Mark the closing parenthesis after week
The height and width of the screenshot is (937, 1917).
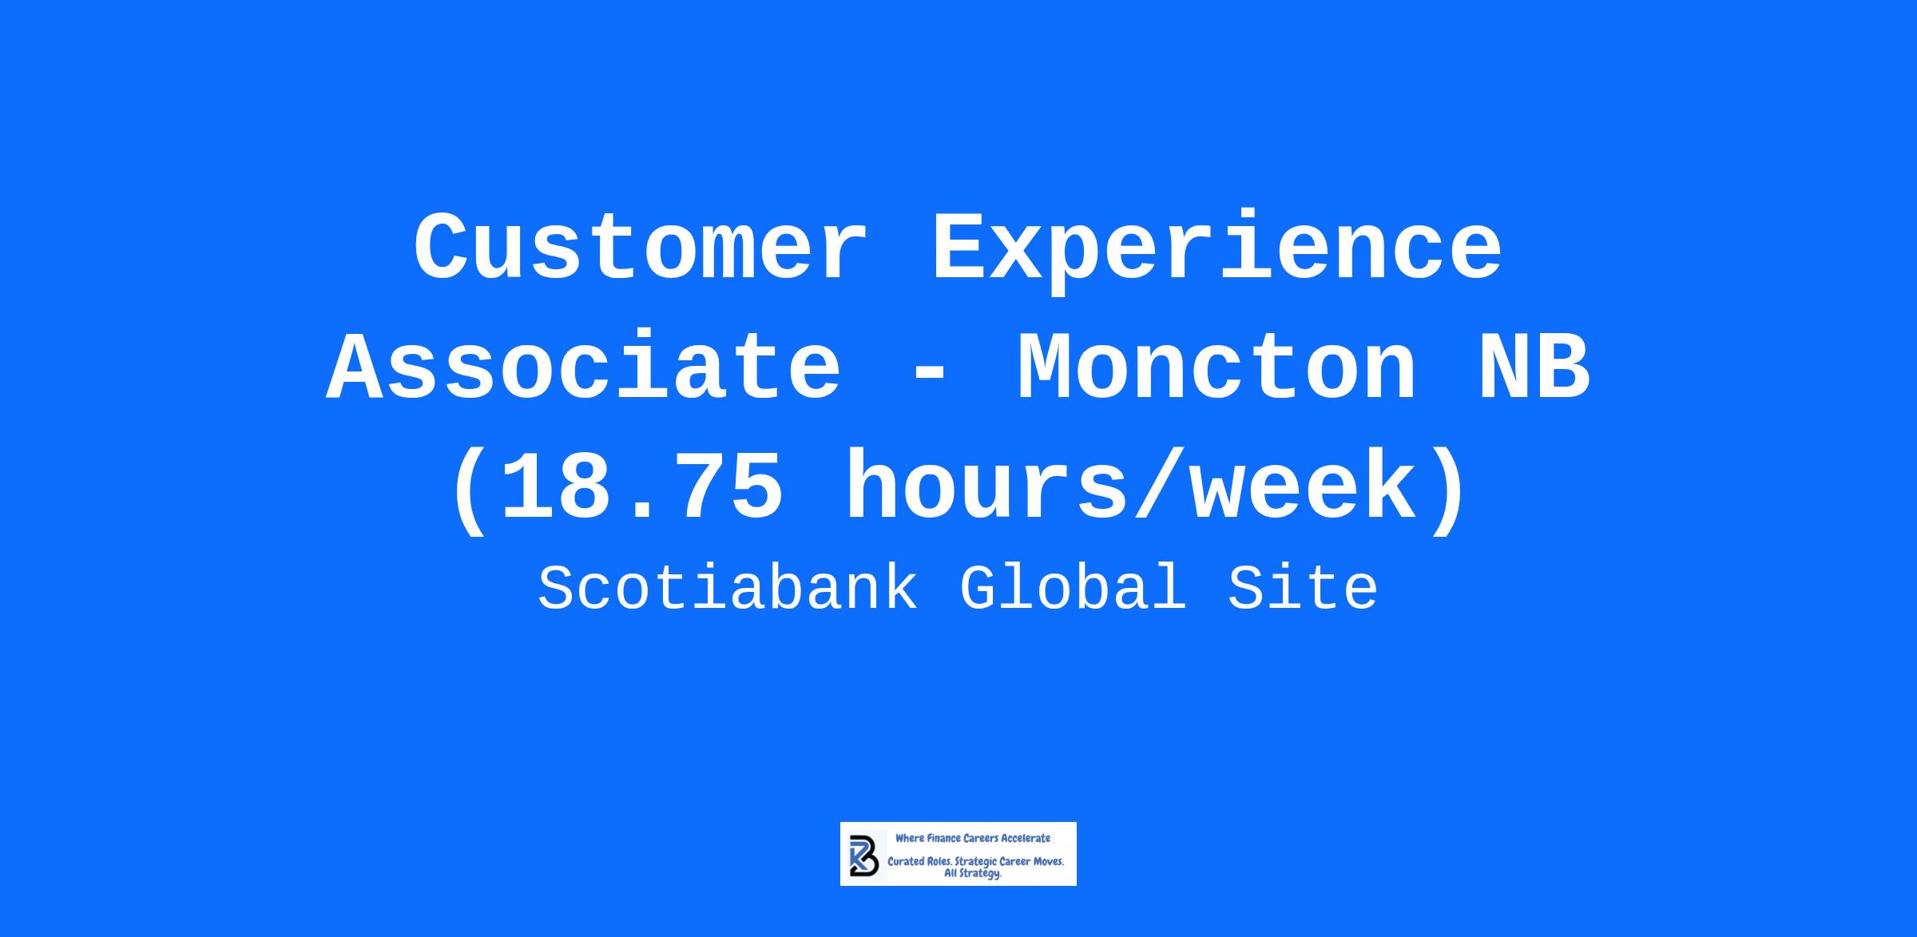click(1447, 489)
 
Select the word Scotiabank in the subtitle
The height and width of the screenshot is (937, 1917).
click(728, 588)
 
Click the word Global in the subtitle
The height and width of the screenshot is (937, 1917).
click(1073, 588)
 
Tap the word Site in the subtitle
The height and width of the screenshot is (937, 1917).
click(1303, 588)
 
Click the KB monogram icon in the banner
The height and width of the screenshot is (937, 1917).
click(864, 856)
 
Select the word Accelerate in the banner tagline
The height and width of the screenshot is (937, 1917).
click(1026, 838)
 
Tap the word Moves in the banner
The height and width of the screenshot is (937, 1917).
click(1046, 862)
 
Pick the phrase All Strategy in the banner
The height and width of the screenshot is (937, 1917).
click(973, 874)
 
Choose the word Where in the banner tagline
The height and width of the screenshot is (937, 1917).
click(909, 838)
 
